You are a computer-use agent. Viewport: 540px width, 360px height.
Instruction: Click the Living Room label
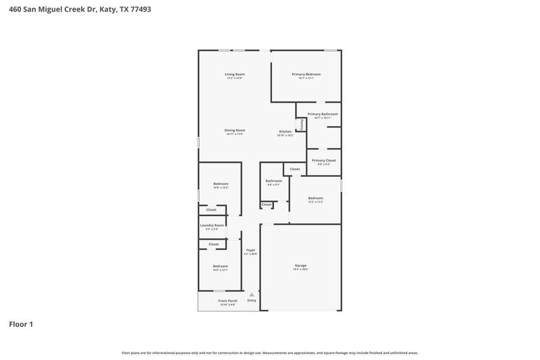pos(235,74)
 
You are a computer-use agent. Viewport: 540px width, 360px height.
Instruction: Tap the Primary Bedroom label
pos(306,74)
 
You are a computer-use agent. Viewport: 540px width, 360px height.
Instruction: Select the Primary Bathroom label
pos(322,114)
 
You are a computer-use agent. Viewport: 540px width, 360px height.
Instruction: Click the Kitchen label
pos(286,131)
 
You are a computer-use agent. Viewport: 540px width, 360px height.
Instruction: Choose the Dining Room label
pos(235,130)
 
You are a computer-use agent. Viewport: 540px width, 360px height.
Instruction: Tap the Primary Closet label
pos(323,161)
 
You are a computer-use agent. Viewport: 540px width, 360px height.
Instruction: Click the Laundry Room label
pos(211,226)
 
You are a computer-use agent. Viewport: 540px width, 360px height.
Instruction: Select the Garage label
pos(300,265)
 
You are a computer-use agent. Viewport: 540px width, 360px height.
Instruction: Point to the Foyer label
pos(250,250)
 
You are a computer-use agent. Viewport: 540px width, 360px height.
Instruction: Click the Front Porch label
pos(227,301)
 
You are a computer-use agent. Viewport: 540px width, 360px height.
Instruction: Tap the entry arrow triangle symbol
pos(252,294)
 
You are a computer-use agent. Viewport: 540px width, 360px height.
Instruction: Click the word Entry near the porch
pos(252,301)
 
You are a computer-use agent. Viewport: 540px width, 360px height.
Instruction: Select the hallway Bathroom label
pos(273,181)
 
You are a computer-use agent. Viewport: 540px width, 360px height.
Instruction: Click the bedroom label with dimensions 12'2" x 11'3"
pos(316,198)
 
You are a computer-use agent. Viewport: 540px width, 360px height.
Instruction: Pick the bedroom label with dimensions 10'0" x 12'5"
pos(221,184)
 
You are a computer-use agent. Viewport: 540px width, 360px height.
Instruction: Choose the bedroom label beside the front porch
pos(221,266)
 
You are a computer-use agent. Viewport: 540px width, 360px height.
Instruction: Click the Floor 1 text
pos(21,324)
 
